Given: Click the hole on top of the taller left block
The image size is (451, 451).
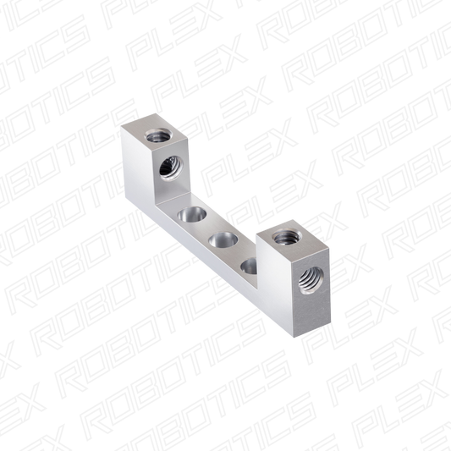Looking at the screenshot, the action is [158, 135].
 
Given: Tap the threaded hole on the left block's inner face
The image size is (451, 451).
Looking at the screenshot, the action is [171, 168].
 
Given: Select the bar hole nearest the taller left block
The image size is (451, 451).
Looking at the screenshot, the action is [192, 215].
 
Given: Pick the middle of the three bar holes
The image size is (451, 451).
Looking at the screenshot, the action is [223, 239].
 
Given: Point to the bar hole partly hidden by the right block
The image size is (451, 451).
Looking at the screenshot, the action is [249, 267].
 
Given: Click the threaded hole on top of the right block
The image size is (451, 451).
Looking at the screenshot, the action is [286, 236].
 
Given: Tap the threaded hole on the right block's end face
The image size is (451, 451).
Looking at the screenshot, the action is [311, 280].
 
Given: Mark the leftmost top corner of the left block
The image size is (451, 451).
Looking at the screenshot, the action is [121, 127].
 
